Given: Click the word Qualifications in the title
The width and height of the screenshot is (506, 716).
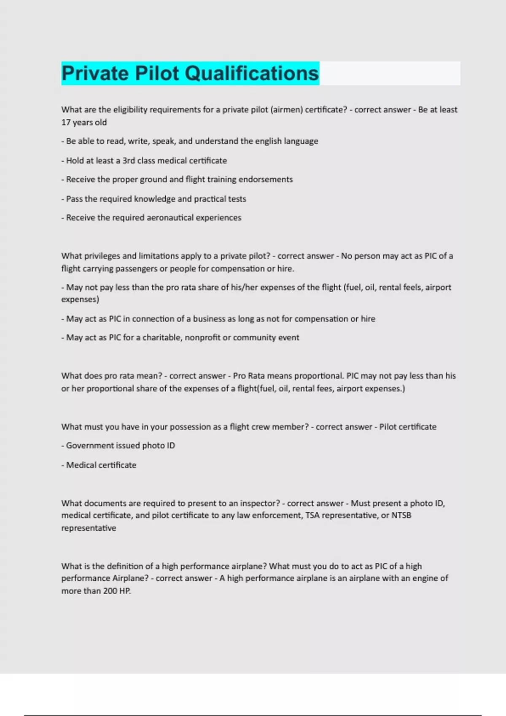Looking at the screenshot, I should pyautogui.click(x=252, y=73).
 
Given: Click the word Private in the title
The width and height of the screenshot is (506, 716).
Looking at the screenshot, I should pyautogui.click(x=95, y=73).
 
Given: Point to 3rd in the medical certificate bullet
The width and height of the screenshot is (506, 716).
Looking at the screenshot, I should pyautogui.click(x=128, y=160).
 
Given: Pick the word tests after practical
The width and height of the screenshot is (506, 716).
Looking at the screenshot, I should pyautogui.click(x=237, y=199).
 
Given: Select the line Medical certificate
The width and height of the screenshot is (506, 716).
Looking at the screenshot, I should pyautogui.click(x=101, y=465).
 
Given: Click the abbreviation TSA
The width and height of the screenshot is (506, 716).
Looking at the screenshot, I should pyautogui.click(x=312, y=516).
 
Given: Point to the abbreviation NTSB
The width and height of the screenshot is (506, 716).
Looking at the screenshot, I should pyautogui.click(x=401, y=516).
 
